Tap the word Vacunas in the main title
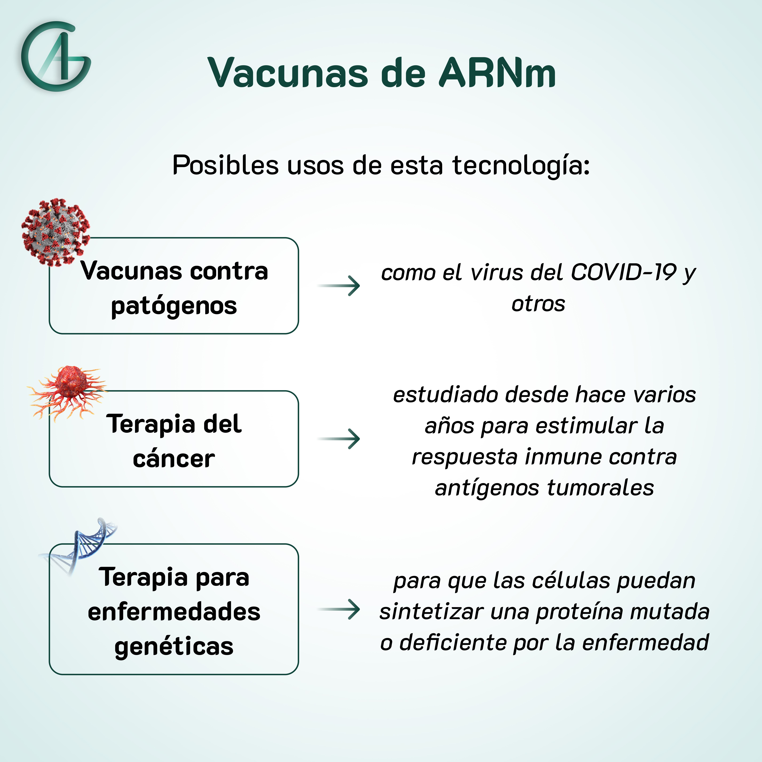click(288, 73)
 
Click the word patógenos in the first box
click(174, 306)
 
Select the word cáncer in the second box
click(174, 459)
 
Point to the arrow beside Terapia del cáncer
click(338, 439)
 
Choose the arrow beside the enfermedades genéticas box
click(338, 609)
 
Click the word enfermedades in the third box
click(174, 612)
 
